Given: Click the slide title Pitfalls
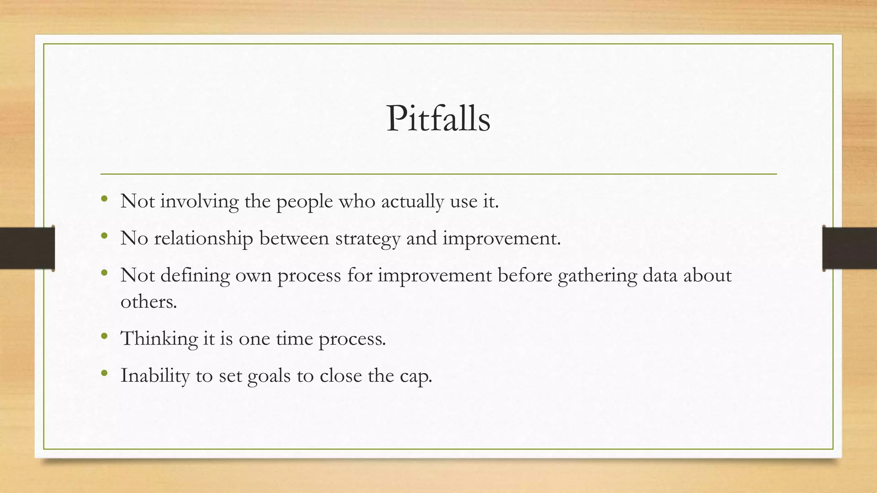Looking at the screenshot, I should click(438, 119).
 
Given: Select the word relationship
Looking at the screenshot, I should click(203, 238).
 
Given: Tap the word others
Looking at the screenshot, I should click(148, 302).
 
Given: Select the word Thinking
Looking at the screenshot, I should click(159, 339).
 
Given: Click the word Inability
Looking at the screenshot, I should click(155, 376).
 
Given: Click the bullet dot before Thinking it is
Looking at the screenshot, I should click(104, 336).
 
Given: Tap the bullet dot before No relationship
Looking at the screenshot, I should click(104, 236).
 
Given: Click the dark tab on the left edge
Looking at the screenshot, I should click(27, 248).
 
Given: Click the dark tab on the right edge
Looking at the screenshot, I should click(850, 248).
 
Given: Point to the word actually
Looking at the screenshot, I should click(412, 202).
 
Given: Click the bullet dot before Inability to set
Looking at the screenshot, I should click(104, 373).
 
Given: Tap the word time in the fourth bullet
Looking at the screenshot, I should click(294, 339).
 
